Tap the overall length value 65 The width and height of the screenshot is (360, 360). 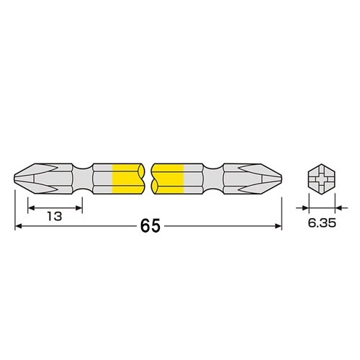pyautogui.click(x=150, y=226)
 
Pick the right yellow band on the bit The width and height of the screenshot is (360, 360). pyautogui.click(x=168, y=179)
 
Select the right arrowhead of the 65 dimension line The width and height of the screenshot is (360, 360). pyautogui.click(x=278, y=227)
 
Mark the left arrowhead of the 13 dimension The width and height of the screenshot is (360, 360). pyautogui.click(x=31, y=207)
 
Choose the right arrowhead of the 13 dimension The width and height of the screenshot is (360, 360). pyautogui.click(x=80, y=207)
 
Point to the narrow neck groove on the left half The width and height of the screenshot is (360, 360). pyautogui.click(x=86, y=179)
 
